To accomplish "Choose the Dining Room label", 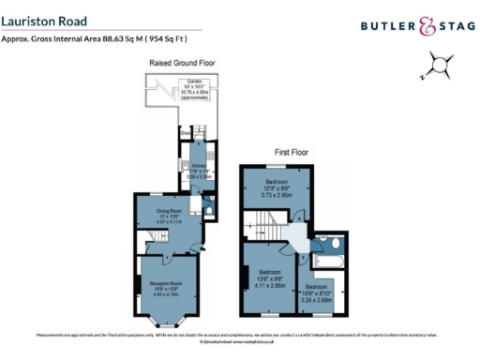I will click(x=171, y=219).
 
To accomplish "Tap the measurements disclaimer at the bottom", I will click(x=239, y=335).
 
